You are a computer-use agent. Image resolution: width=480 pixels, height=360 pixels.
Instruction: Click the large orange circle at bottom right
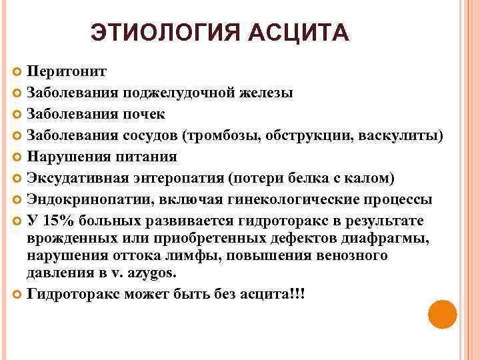coord(441,315)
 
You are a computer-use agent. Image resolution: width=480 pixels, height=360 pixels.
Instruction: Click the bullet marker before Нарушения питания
coord(17,157)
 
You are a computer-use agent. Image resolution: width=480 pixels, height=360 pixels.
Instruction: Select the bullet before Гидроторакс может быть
coord(17,294)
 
